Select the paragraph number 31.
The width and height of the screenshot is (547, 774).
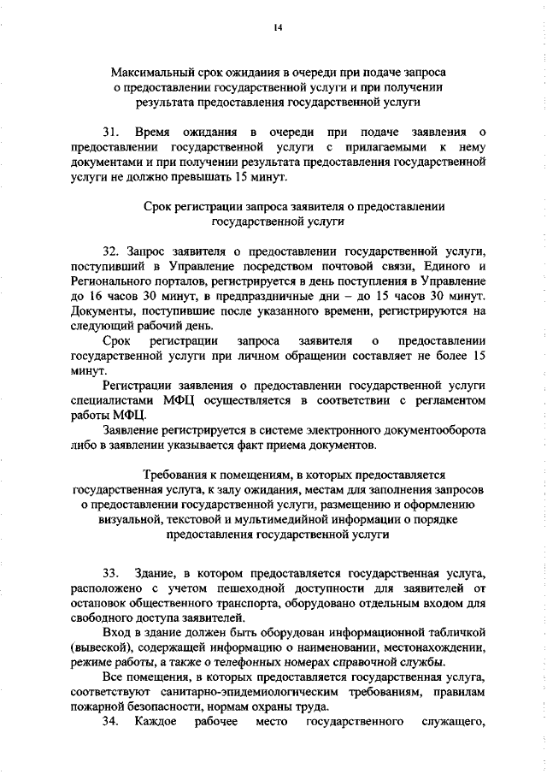click(110, 133)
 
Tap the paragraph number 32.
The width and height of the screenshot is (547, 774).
click(110, 253)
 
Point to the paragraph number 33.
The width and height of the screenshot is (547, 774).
click(110, 570)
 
